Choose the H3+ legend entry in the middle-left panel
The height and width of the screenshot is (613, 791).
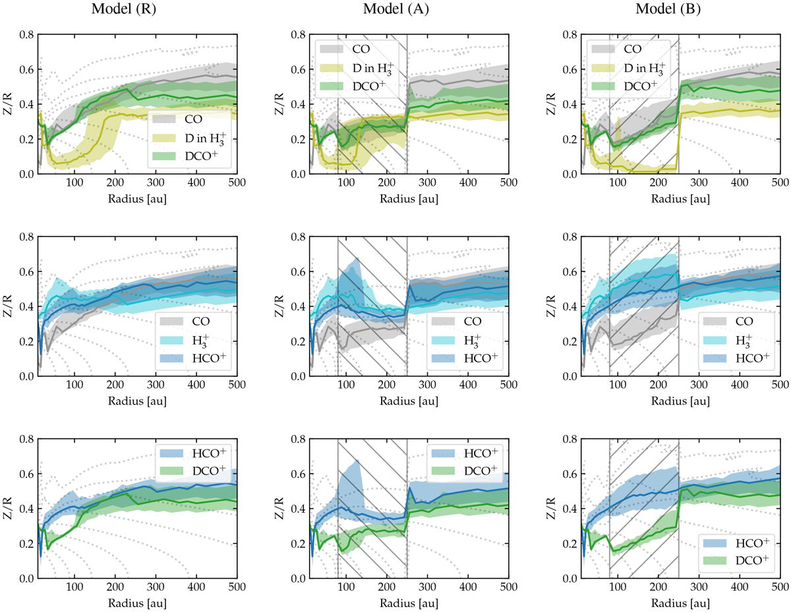pyautogui.click(x=194, y=341)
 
